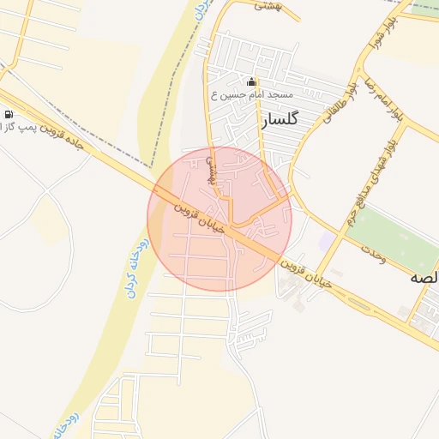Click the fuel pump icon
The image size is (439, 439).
(x=9, y=114)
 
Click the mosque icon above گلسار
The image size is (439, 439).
(x=251, y=82)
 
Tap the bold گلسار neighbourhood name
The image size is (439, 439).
(x=283, y=120)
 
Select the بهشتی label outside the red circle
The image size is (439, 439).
(x=269, y=5)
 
